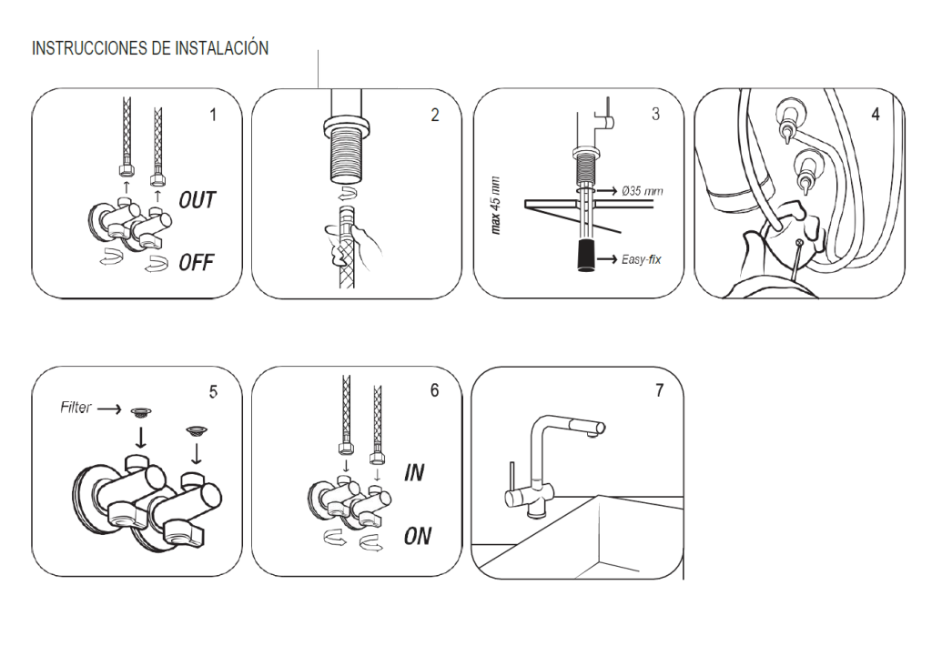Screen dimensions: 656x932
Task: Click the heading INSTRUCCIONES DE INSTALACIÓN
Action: click(150, 48)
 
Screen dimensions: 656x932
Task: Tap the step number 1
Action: click(213, 116)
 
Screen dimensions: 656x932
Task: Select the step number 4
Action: click(876, 116)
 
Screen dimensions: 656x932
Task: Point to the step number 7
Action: click(659, 391)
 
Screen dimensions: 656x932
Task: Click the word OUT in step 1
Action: click(197, 200)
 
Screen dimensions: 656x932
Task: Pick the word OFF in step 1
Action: click(196, 263)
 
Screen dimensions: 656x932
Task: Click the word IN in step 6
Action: click(414, 473)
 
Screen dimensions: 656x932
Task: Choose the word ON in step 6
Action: click(417, 536)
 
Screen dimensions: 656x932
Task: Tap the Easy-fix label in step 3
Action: click(641, 260)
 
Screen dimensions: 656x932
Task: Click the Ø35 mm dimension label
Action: click(643, 191)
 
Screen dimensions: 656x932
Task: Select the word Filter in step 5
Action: click(76, 408)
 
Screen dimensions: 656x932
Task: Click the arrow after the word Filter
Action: click(109, 409)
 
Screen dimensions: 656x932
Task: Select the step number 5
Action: click(213, 391)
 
